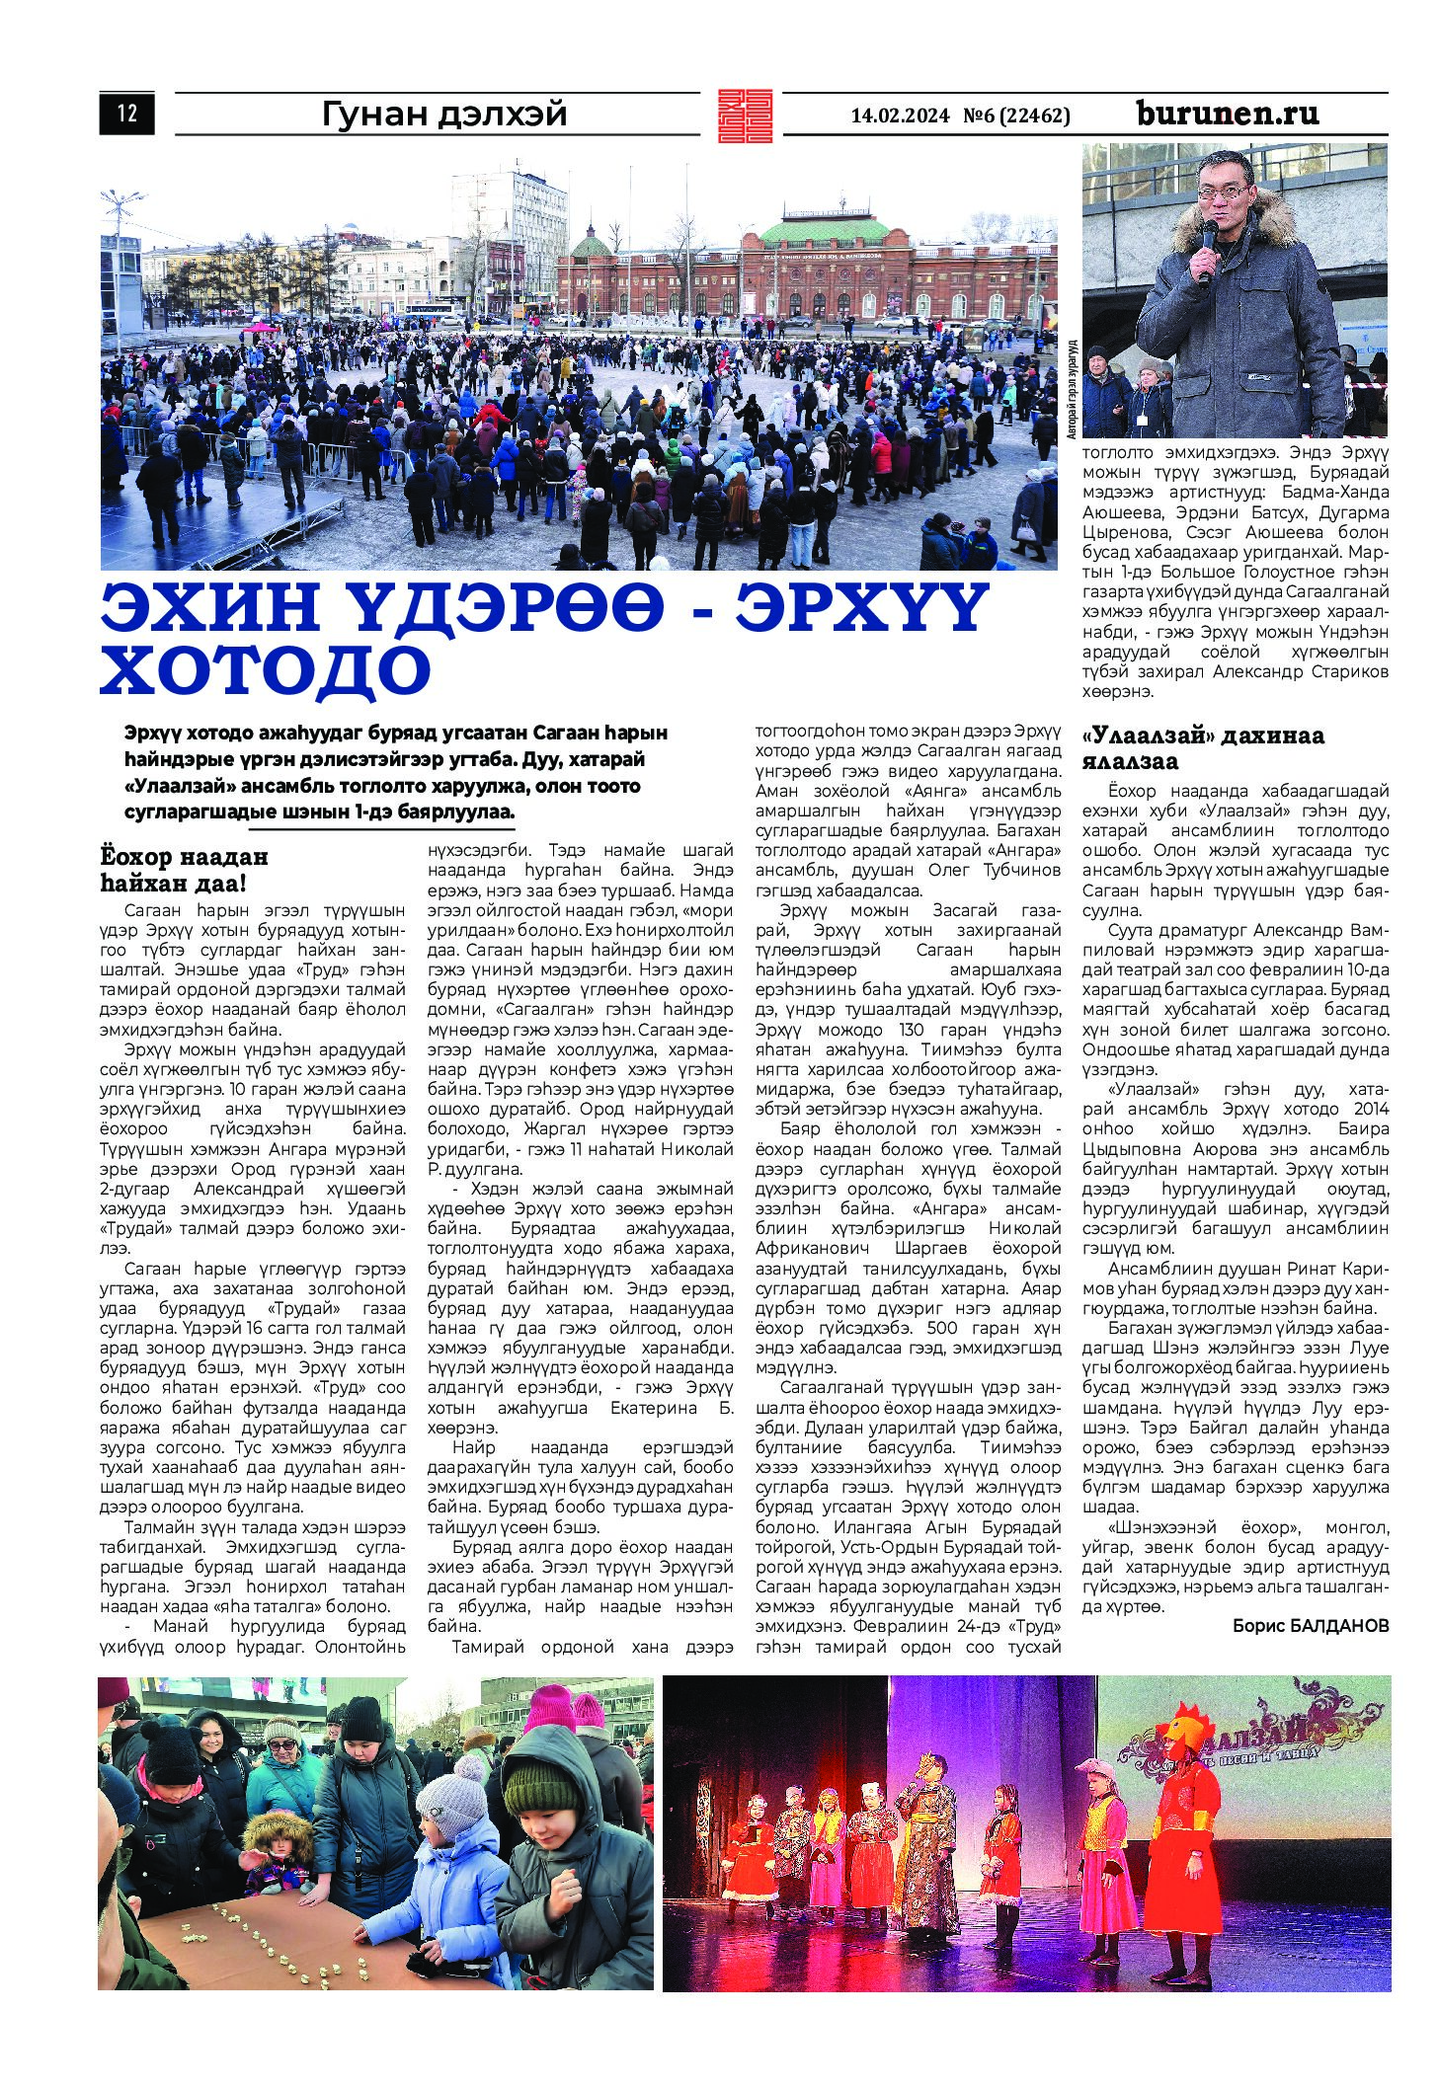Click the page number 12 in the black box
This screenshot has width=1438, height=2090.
coord(126,114)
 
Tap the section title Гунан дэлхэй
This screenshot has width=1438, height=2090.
coord(444,115)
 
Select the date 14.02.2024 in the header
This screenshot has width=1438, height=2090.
coord(902,116)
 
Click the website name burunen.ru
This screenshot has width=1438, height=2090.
coord(1228,114)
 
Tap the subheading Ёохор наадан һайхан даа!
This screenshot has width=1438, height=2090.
coord(184,869)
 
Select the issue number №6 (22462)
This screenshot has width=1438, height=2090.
coord(1017,116)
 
